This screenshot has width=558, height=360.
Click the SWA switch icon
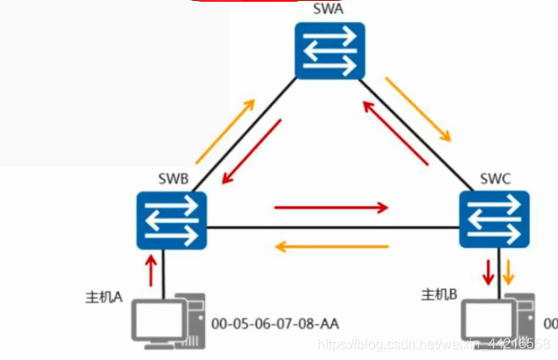pyautogui.click(x=329, y=50)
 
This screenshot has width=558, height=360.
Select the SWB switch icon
pyautogui.click(x=171, y=221)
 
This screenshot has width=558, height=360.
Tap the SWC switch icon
pyautogui.click(x=496, y=221)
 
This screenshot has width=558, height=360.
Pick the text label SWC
pyautogui.click(x=496, y=180)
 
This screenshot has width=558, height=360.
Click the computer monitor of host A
pyautogui.click(x=155, y=320)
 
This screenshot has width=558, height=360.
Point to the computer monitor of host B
pyautogui.click(x=484, y=320)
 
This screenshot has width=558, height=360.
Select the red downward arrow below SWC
pyautogui.click(x=489, y=272)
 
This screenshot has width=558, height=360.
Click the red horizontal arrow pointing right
pyautogui.click(x=331, y=207)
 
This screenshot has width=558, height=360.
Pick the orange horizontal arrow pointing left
pyautogui.click(x=330, y=248)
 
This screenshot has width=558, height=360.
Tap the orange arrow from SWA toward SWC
pyautogui.click(x=417, y=109)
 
